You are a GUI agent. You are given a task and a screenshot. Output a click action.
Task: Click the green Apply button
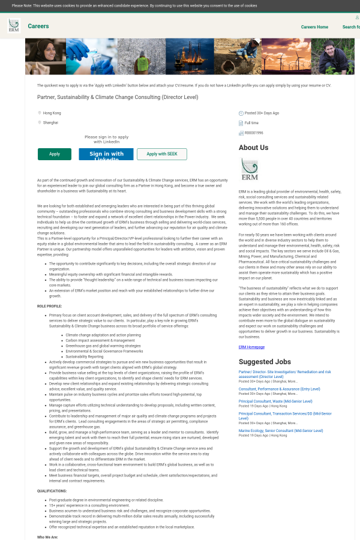click(x=54, y=154)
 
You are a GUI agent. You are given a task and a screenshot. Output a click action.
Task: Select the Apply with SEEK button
click(x=161, y=154)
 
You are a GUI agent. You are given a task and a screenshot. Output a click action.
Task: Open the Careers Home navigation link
click(x=314, y=27)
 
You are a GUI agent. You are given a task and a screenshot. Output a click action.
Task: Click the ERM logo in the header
click(x=13, y=26)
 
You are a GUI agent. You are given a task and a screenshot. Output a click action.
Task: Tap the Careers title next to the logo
click(x=38, y=26)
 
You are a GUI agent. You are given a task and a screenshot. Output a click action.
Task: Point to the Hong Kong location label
click(x=52, y=113)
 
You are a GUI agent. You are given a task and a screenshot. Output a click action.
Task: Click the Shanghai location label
click(x=50, y=122)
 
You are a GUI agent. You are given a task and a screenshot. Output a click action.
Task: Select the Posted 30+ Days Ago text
click(x=262, y=113)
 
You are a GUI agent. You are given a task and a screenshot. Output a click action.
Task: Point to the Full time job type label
click(x=252, y=123)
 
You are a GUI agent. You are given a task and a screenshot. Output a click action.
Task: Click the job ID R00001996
click(x=254, y=133)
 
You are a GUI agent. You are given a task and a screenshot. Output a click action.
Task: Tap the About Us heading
click(x=253, y=148)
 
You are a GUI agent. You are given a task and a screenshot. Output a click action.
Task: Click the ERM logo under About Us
click(x=249, y=170)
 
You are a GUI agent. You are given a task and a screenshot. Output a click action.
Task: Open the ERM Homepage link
click(x=251, y=347)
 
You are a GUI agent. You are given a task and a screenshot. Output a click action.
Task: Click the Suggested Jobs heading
click(x=265, y=362)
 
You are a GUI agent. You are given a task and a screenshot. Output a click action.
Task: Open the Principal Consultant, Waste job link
click(x=275, y=401)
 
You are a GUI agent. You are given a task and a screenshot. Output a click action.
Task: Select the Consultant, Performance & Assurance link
click(x=279, y=389)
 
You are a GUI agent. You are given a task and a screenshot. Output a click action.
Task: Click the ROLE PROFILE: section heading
click(x=49, y=306)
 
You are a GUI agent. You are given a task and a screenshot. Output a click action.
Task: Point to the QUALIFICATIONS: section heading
click(x=52, y=490)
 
